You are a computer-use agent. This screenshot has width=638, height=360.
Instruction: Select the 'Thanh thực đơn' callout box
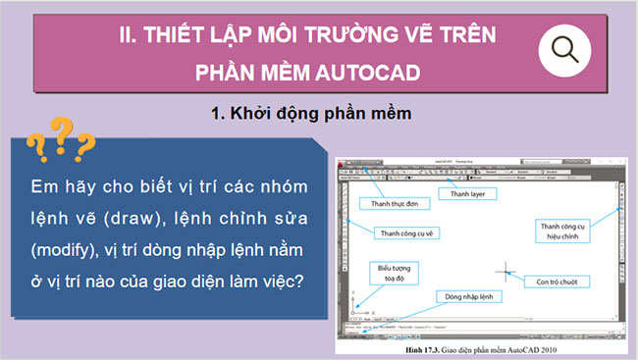pos(394,203)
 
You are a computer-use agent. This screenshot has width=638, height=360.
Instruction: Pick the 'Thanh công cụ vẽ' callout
pos(405,232)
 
